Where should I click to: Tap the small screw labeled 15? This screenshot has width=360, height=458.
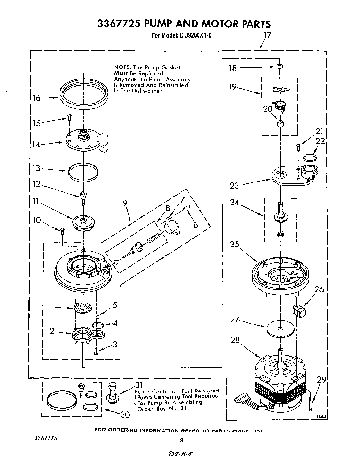pyautogui.click(x=69, y=117)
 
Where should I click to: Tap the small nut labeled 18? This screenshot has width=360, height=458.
pyautogui.click(x=279, y=66)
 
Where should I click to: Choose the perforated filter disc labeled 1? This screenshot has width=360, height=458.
pyautogui.click(x=83, y=308)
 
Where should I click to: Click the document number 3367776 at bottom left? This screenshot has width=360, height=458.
pyautogui.click(x=41, y=438)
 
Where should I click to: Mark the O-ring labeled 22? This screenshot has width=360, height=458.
pyautogui.click(x=310, y=157)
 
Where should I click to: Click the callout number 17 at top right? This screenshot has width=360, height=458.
pyautogui.click(x=267, y=35)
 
